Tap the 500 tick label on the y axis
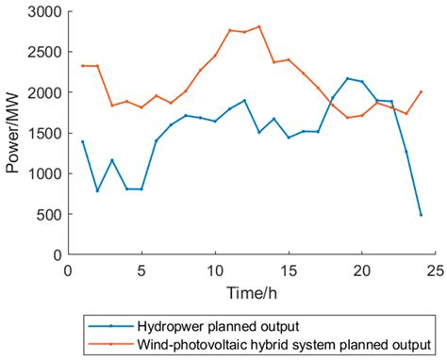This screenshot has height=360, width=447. point(46,215)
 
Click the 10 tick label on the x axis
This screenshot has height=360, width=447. point(215,271)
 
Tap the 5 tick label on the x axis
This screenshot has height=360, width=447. point(141,271)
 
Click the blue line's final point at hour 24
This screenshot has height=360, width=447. point(421,215)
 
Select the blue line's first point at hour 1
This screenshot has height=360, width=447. point(82,141)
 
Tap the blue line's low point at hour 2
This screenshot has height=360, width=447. point(97,191)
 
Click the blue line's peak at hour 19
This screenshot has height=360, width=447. point(347,78)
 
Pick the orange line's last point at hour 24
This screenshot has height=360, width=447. point(421,92)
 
